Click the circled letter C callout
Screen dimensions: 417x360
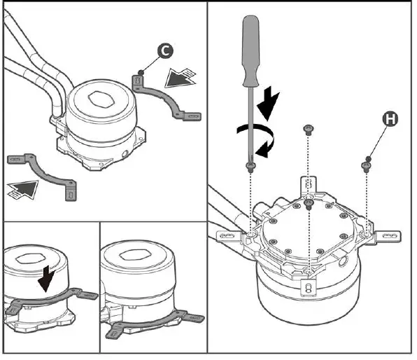tap(165, 50)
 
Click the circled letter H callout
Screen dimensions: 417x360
tap(390, 119)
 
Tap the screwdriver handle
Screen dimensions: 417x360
tap(250, 51)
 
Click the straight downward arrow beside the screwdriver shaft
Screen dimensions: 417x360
tap(268, 104)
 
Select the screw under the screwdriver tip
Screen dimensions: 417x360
tap(250, 167)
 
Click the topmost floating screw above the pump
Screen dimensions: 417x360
tap(309, 130)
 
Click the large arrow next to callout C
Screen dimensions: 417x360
tap(180, 78)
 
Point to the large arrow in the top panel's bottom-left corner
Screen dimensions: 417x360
tap(22, 189)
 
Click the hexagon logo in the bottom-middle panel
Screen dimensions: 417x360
tap(132, 255)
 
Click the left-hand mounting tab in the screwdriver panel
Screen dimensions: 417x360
tap(229, 236)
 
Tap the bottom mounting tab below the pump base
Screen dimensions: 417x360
tap(309, 288)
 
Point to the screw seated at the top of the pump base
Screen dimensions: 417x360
tap(309, 205)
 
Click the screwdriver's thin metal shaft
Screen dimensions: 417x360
tap(250, 125)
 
